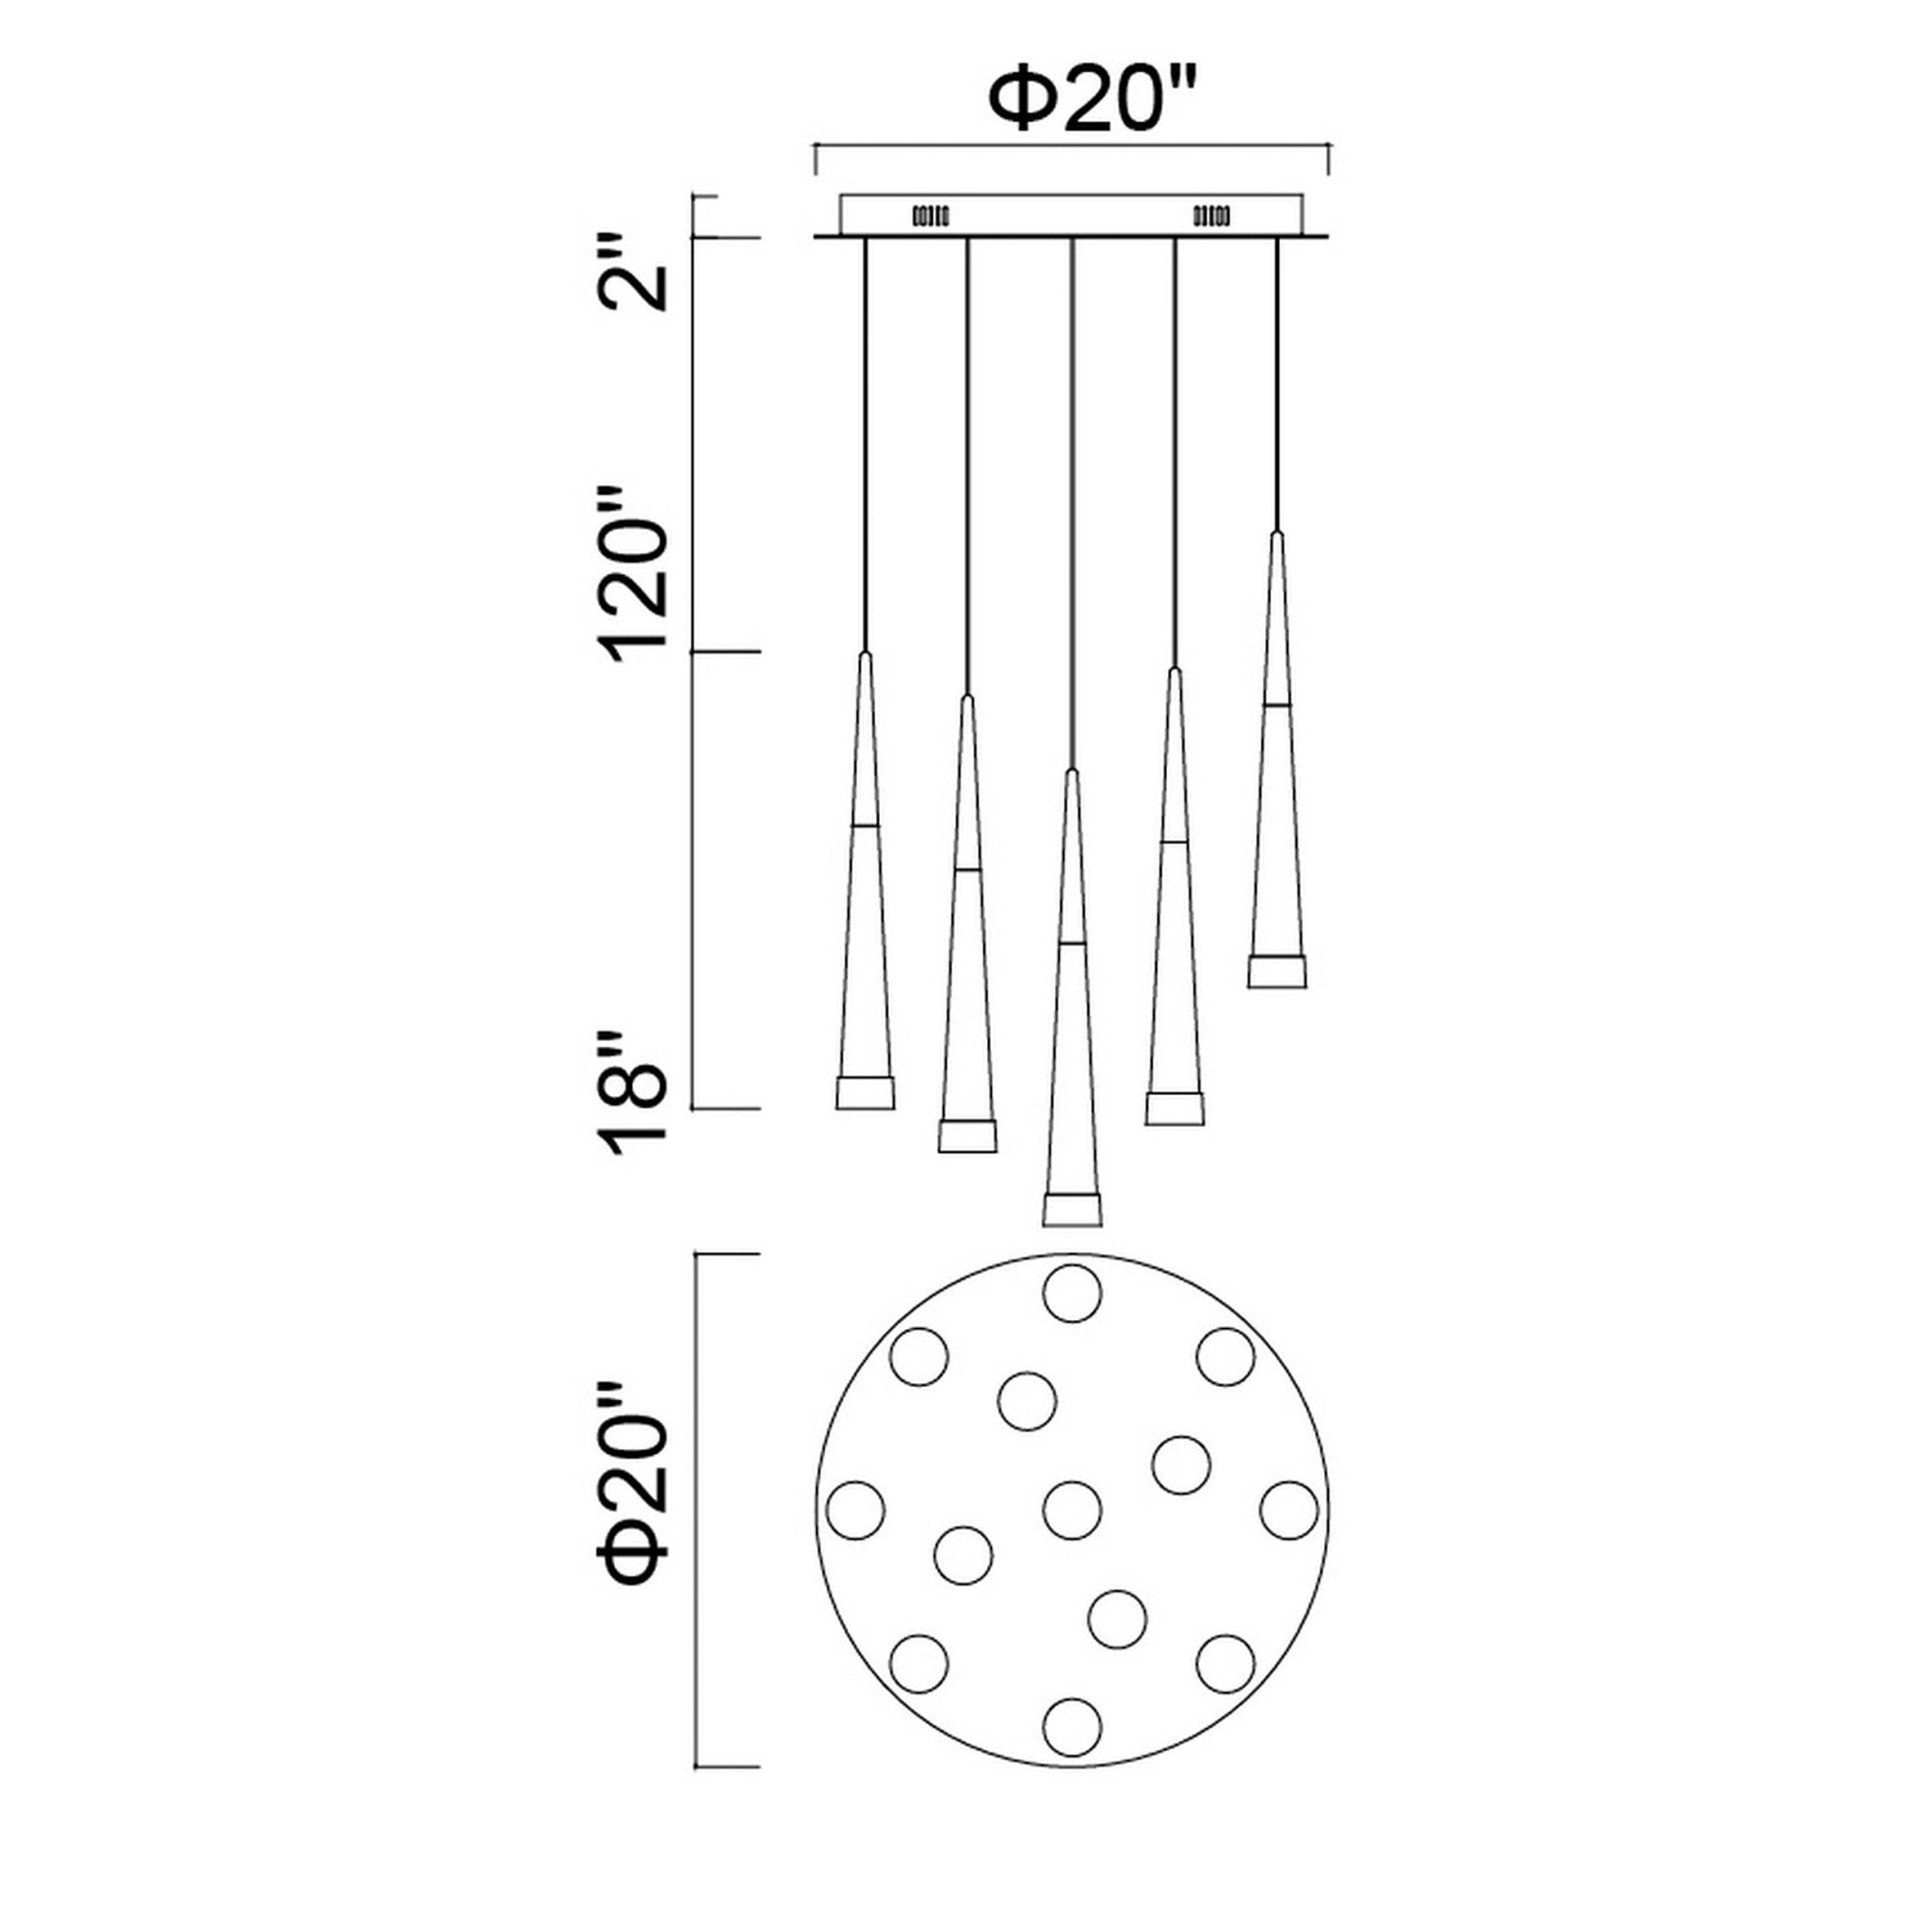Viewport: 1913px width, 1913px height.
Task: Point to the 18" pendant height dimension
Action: click(x=630, y=1092)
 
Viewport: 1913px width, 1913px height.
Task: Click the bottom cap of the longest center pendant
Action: click(x=1072, y=1209)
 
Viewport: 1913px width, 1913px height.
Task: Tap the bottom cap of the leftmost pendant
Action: click(x=865, y=1092)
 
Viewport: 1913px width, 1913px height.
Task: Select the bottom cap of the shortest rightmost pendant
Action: click(x=1276, y=971)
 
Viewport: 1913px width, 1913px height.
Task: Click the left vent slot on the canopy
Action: click(x=930, y=214)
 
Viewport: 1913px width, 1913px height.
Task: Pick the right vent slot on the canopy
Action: click(x=1212, y=214)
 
